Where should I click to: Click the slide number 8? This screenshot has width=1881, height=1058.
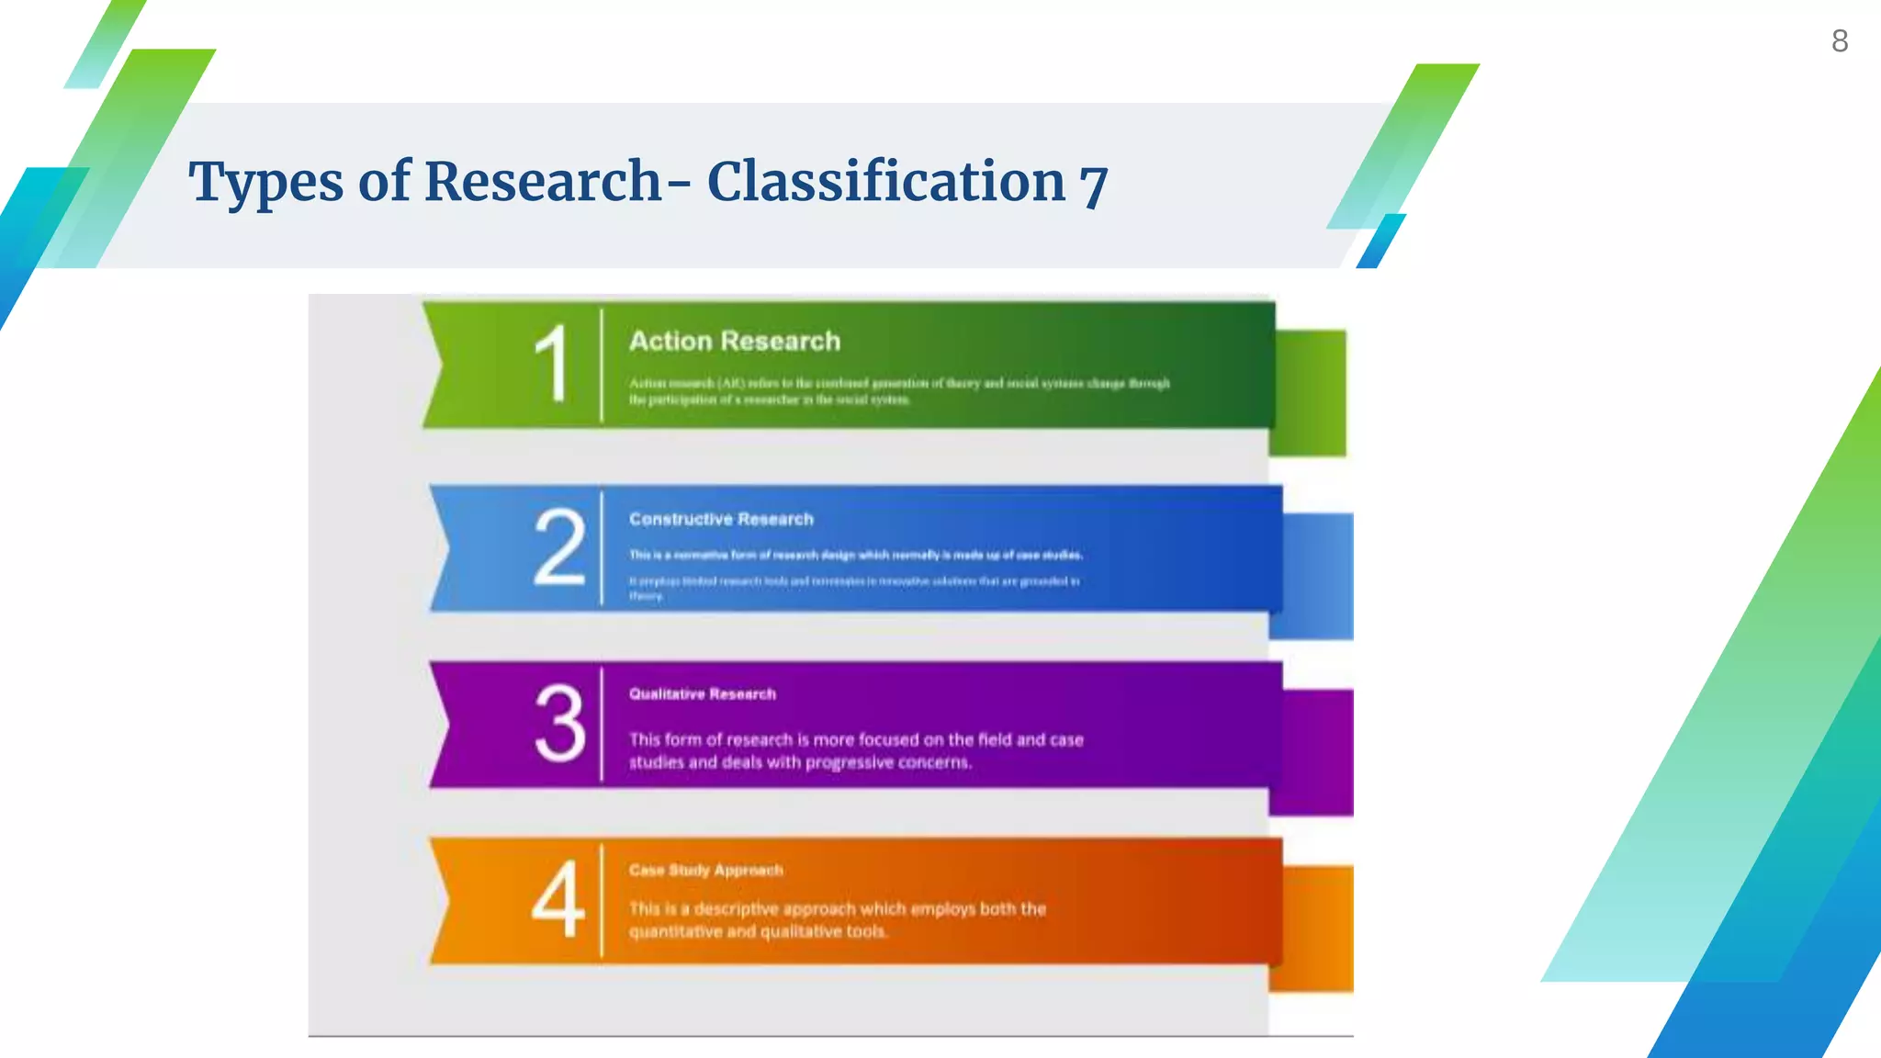point(1840,41)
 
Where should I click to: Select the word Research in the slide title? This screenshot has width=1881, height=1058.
point(542,181)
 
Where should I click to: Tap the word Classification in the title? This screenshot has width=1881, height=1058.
point(885,181)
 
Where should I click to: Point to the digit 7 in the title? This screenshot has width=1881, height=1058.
point(1093,185)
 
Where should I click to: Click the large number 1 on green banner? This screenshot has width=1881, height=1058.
point(552,365)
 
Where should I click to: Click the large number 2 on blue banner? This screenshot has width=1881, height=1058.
point(558,547)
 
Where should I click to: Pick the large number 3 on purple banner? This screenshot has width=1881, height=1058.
point(559,724)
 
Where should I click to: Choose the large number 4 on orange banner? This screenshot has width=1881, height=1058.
point(558,900)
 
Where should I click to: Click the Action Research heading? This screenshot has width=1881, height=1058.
point(735,342)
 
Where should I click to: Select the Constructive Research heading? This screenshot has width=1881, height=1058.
point(721,519)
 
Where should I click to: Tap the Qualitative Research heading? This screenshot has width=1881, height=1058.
point(703,694)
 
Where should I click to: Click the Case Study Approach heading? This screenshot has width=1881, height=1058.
point(705,870)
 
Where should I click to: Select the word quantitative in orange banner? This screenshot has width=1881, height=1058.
point(676,931)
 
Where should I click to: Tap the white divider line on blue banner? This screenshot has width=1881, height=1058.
point(602,548)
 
